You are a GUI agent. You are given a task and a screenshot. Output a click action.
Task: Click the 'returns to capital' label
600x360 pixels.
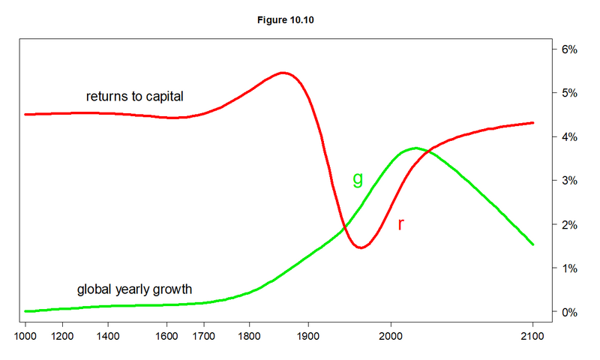pyautogui.click(x=135, y=97)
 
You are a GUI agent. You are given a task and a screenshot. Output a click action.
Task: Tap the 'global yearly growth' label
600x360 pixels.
pyautogui.click(x=135, y=289)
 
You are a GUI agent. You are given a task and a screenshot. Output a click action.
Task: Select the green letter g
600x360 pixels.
pyautogui.click(x=358, y=178)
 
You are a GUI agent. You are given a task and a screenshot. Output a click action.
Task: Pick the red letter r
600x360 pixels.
pyautogui.click(x=400, y=223)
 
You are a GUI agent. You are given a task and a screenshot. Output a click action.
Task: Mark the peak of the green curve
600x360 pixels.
pyautogui.click(x=415, y=148)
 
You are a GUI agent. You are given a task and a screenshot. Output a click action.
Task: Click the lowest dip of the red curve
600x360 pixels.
pyautogui.click(x=361, y=247)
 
